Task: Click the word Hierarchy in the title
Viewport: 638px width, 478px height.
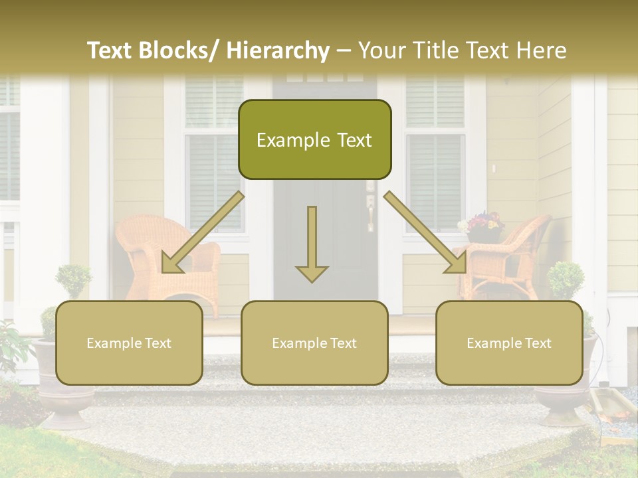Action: point(278,50)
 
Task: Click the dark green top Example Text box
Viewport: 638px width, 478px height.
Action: point(314,139)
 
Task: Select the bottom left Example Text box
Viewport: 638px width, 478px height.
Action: point(129,343)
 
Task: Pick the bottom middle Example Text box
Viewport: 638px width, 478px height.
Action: point(314,343)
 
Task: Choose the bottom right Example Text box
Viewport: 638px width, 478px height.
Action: point(509,343)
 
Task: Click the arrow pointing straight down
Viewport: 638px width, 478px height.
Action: point(312,246)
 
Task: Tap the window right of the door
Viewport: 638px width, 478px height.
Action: point(435,166)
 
